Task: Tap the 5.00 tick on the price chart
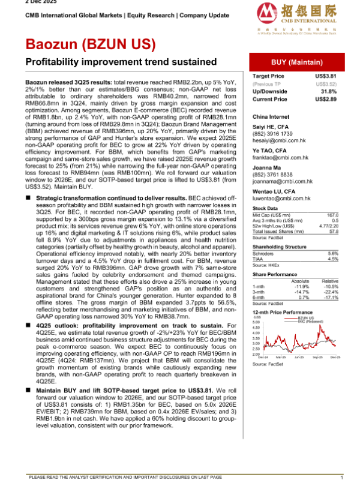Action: (x=256, y=322)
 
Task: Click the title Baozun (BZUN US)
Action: (x=90, y=45)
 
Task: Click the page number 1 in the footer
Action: (x=341, y=476)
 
